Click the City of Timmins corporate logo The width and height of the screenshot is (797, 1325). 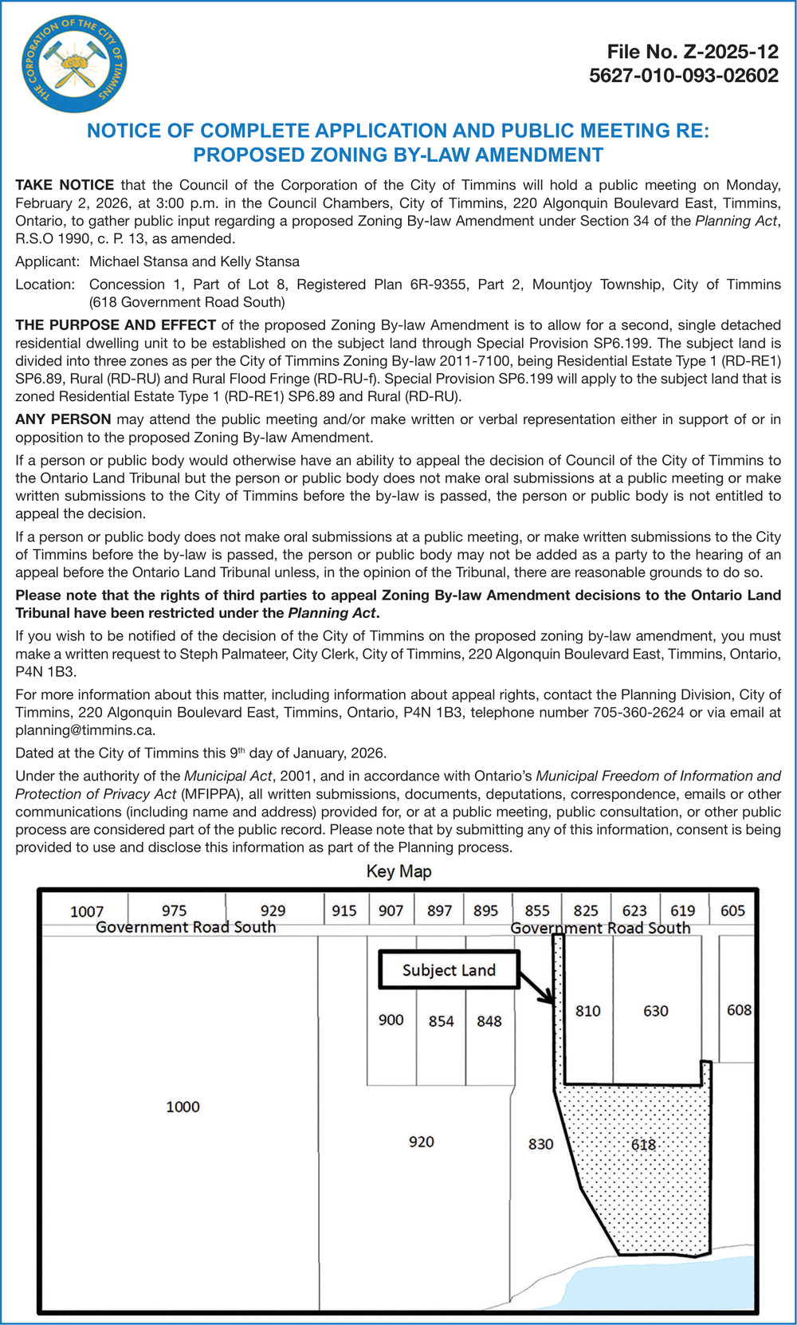[x=72, y=63]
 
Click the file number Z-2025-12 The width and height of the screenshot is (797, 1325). [x=692, y=52]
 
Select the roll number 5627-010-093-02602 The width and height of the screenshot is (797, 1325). [x=683, y=76]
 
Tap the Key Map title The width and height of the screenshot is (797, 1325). [x=398, y=871]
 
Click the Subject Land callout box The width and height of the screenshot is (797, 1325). [x=449, y=970]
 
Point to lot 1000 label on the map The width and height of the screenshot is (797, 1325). [x=183, y=1107]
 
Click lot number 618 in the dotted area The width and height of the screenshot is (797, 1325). [x=643, y=1145]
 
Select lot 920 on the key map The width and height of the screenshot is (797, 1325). [x=421, y=1142]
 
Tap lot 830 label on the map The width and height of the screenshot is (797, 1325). [x=540, y=1144]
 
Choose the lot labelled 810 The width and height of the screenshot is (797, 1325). [x=587, y=1011]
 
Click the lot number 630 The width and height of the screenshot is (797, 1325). [x=655, y=1011]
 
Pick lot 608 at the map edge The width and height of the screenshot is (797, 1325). [x=739, y=1010]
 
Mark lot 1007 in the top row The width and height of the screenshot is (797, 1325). [x=87, y=911]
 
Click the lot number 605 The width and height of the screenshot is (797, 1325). [x=732, y=910]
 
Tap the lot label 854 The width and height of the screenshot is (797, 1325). [x=441, y=1021]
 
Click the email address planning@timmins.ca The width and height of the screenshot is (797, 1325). [x=84, y=729]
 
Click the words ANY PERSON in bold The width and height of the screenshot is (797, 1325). [x=63, y=419]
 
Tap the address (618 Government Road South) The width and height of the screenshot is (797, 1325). [x=186, y=302]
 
